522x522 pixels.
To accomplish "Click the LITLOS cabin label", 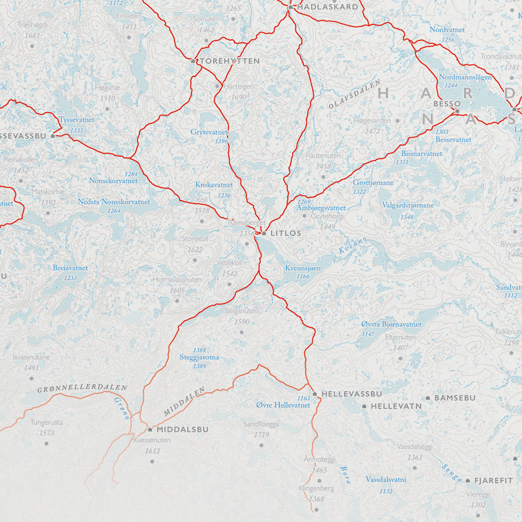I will coord(285,233).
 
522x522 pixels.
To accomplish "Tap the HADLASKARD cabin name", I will coord(327,7).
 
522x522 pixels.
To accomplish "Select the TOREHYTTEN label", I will coord(229,61).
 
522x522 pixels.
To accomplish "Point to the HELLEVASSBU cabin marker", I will coord(315,394).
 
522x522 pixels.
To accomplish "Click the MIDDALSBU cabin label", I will coord(182,430).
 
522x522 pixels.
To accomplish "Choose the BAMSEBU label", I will coord(455,398).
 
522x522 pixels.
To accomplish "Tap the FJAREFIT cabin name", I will coord(494,481).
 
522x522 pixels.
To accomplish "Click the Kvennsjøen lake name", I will coord(303,268).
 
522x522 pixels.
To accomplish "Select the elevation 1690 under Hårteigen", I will coord(239,97).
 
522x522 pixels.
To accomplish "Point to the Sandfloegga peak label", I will coord(261,424).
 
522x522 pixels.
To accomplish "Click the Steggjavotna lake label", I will coord(199,357).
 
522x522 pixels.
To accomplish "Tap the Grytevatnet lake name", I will coord(209,132).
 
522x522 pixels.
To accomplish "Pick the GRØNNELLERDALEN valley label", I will coord(82,389).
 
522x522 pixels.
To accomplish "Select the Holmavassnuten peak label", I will coord(177,280).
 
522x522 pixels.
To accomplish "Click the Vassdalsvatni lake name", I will coord(386,480).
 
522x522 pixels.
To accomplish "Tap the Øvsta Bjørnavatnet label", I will coord(391,324).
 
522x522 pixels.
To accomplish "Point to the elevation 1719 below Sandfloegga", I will coord(261,435).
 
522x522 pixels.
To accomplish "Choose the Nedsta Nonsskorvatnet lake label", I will coord(114,202).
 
